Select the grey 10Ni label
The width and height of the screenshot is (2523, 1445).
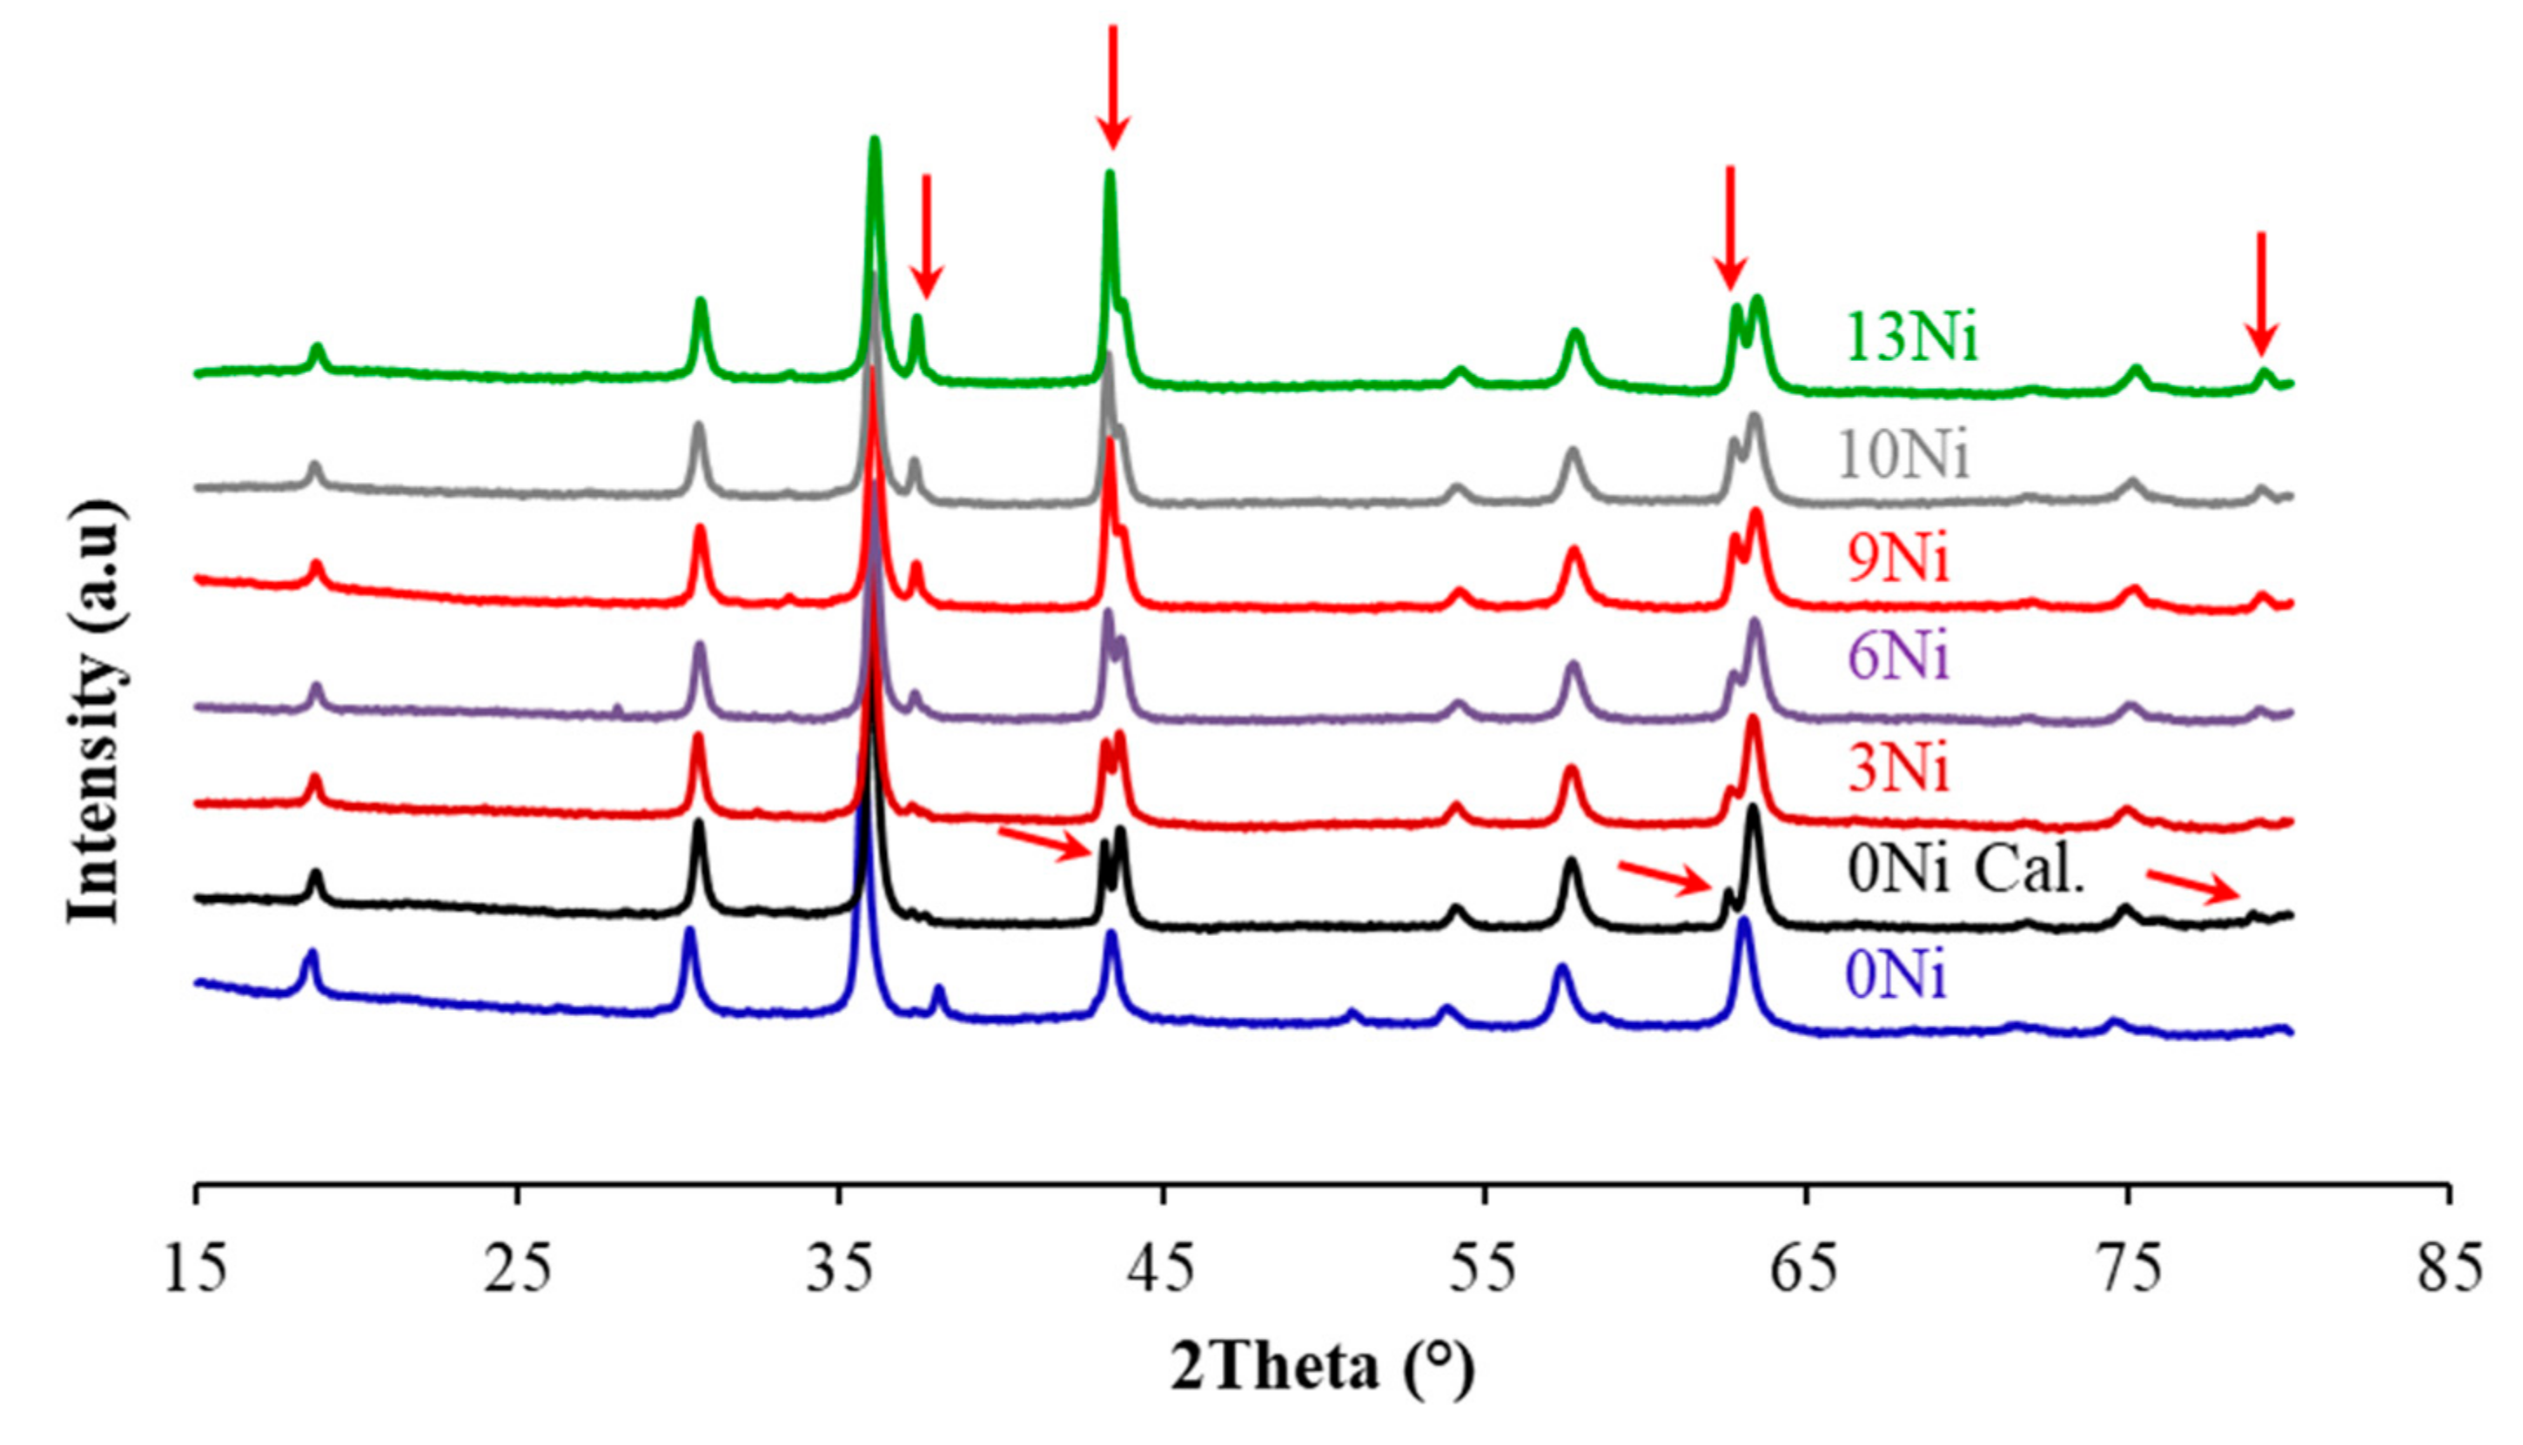tap(1902, 457)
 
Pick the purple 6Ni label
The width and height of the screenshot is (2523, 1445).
tap(1898, 656)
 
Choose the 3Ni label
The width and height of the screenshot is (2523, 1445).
tap(1898, 770)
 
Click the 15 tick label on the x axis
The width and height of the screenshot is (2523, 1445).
tap(196, 1271)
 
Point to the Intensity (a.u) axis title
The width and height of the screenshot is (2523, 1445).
tap(97, 712)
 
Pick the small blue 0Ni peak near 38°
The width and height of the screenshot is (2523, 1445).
tap(939, 993)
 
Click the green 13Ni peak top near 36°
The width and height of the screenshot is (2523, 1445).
tap(875, 142)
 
